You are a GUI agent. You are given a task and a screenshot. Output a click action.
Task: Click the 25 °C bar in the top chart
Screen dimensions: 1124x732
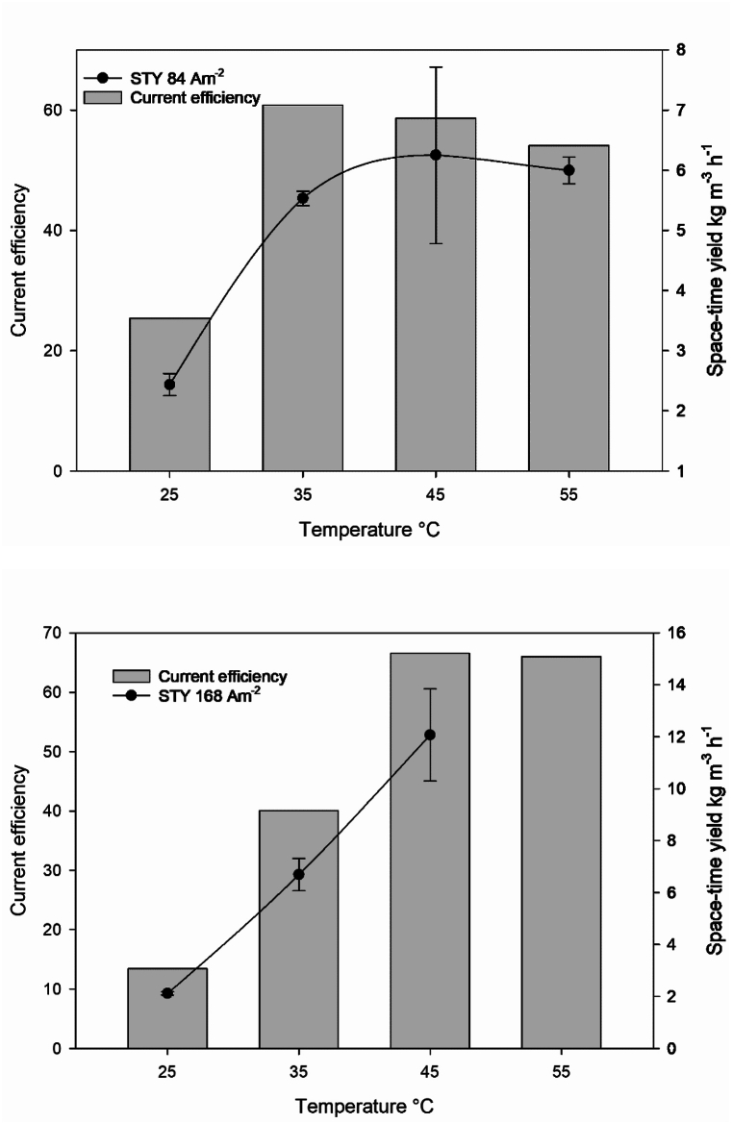click(x=169, y=394)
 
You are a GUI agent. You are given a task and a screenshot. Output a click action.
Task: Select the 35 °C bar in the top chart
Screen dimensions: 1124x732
click(x=302, y=288)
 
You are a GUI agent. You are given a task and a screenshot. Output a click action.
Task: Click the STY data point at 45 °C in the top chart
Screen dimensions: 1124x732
click(x=435, y=155)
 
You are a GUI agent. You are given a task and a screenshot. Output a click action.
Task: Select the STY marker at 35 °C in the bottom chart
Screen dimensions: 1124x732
click(x=299, y=874)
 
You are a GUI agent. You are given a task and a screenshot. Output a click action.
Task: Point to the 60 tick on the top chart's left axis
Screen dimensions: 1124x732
click(x=59, y=111)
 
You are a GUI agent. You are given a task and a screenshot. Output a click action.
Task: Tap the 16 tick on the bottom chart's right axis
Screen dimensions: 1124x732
click(x=684, y=633)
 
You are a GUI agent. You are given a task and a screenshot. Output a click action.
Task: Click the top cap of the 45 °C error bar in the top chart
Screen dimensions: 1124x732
click(x=435, y=67)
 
